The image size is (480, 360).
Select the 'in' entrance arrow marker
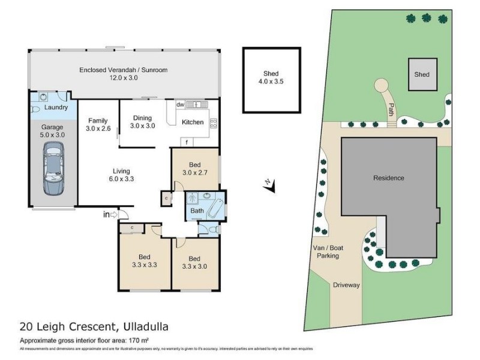click(x=111, y=214)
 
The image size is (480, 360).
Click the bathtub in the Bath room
click(x=213, y=208)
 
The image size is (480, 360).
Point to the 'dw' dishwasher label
click(x=179, y=105)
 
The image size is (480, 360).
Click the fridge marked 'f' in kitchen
click(x=187, y=142)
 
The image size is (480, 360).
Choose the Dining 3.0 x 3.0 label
click(x=143, y=122)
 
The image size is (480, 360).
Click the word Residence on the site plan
click(x=388, y=178)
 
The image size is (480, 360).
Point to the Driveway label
click(x=346, y=285)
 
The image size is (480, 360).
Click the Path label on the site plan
click(x=391, y=110)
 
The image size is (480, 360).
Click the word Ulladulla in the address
click(x=138, y=327)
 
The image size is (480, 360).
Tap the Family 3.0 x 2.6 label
click(x=98, y=124)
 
